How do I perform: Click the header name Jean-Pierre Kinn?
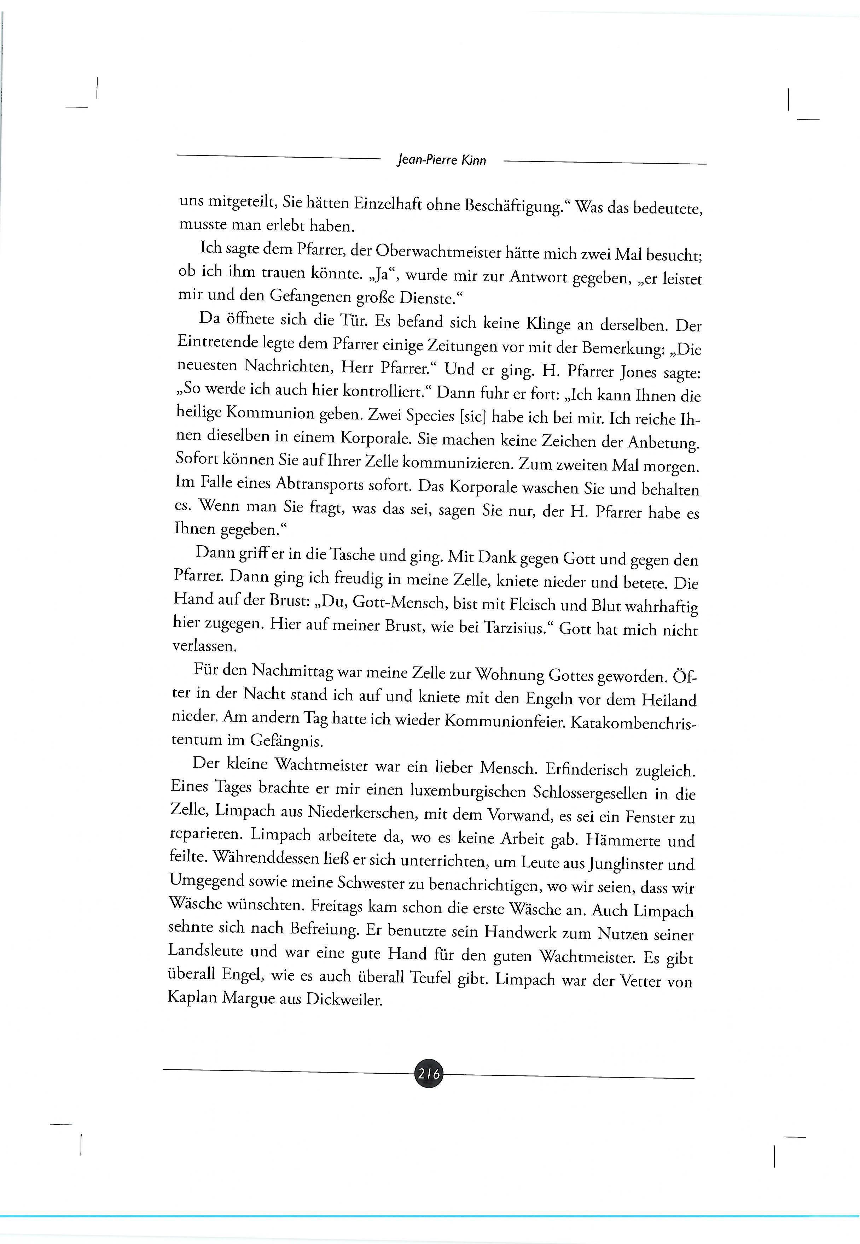pos(441,160)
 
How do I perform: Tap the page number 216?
pos(428,1073)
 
